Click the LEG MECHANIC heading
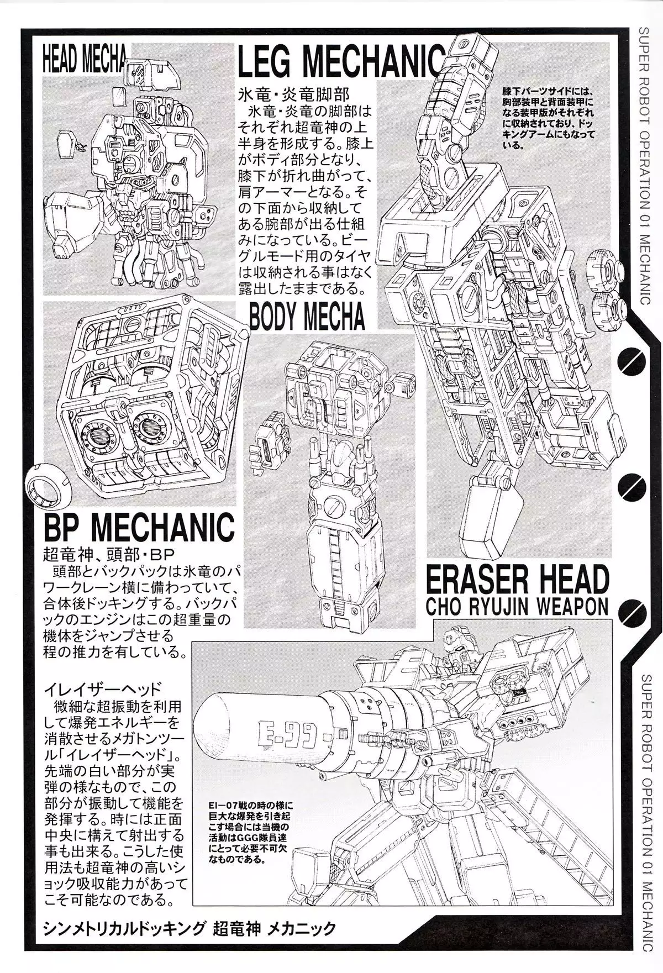click(341, 65)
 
